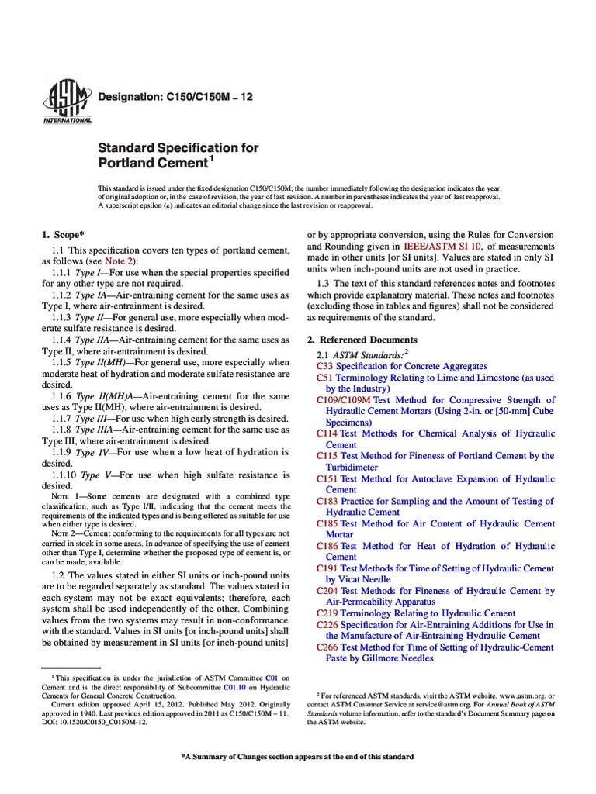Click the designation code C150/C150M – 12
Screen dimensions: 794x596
pos(174,97)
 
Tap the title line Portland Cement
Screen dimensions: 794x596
pos(152,164)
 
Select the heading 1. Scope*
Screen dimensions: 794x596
pos(68,233)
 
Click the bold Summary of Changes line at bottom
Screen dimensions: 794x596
pos(297,756)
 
